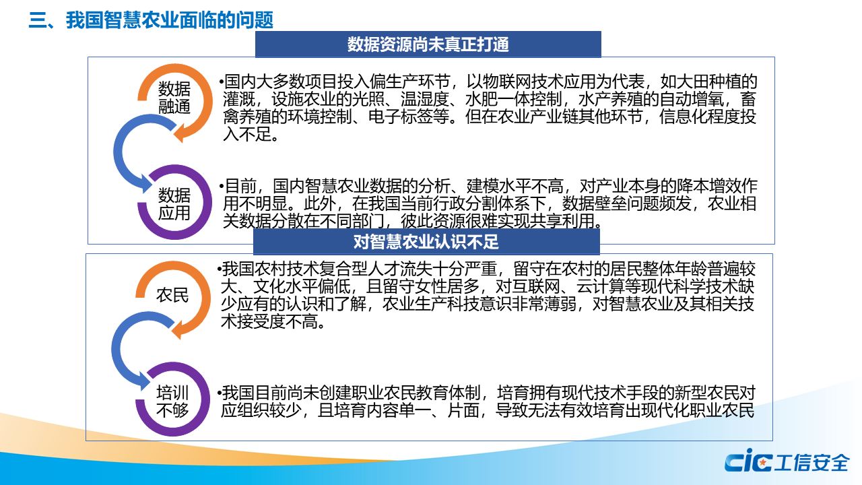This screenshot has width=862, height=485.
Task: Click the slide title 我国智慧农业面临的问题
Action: (170, 20)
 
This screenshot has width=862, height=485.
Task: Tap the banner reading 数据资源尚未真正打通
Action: (428, 44)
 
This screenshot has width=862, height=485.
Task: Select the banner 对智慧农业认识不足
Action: (426, 242)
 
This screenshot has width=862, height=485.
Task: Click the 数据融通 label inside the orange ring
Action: (174, 98)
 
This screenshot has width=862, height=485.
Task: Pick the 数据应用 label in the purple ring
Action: (174, 204)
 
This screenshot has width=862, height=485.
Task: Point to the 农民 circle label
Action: (172, 295)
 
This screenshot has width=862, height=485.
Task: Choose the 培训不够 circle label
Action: (172, 401)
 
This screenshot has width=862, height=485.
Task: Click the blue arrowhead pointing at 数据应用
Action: (147, 184)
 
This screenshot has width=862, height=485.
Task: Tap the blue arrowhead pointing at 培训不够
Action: (145, 381)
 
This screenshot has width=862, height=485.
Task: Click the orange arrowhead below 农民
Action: (176, 330)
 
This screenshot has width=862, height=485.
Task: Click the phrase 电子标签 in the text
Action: (401, 117)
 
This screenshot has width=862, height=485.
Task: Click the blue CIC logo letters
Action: (748, 461)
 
